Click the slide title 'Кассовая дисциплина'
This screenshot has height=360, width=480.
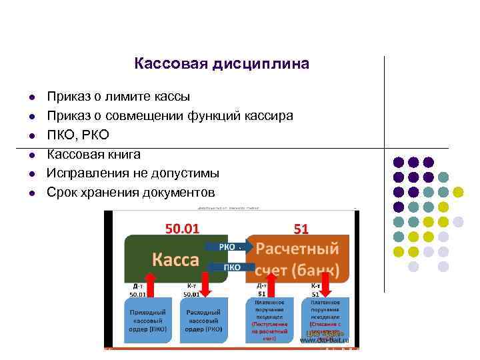coord(221,64)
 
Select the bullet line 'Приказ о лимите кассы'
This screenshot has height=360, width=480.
coord(118,97)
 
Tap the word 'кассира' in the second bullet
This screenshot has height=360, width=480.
coord(269,116)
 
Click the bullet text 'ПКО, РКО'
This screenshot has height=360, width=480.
coord(77,135)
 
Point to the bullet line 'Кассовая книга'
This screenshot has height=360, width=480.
coord(93,155)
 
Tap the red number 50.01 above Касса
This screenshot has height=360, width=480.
coord(182,229)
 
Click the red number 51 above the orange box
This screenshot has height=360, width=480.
coord(301,229)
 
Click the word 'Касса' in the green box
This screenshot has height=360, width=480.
coord(177,259)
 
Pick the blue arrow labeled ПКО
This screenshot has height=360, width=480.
coord(229,267)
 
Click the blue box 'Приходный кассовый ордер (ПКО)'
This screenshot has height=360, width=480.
coord(151,319)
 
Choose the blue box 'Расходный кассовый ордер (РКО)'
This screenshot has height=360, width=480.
coord(203,319)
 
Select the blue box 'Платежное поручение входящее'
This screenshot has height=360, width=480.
coord(269,319)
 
